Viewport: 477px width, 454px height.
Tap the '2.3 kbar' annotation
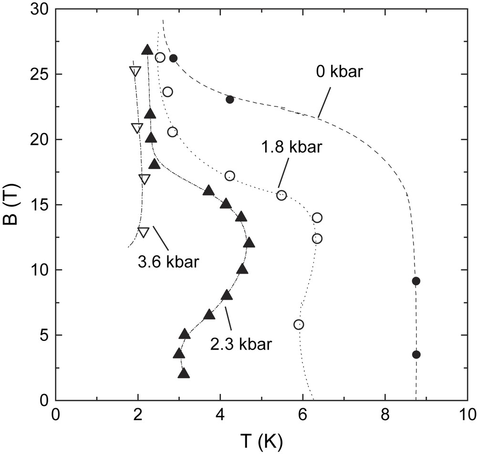(x=241, y=344)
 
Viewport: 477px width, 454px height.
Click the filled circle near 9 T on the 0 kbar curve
(x=416, y=281)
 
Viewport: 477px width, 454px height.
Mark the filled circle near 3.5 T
(x=416, y=354)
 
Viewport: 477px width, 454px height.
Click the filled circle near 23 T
(x=230, y=100)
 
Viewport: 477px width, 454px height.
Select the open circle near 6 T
(x=299, y=325)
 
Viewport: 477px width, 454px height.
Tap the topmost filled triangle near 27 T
(x=147, y=50)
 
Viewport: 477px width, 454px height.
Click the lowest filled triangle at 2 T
(x=184, y=374)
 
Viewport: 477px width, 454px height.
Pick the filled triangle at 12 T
(x=249, y=243)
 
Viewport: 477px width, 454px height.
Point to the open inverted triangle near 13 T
(x=144, y=232)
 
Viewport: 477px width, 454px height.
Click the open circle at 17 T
(x=230, y=176)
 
